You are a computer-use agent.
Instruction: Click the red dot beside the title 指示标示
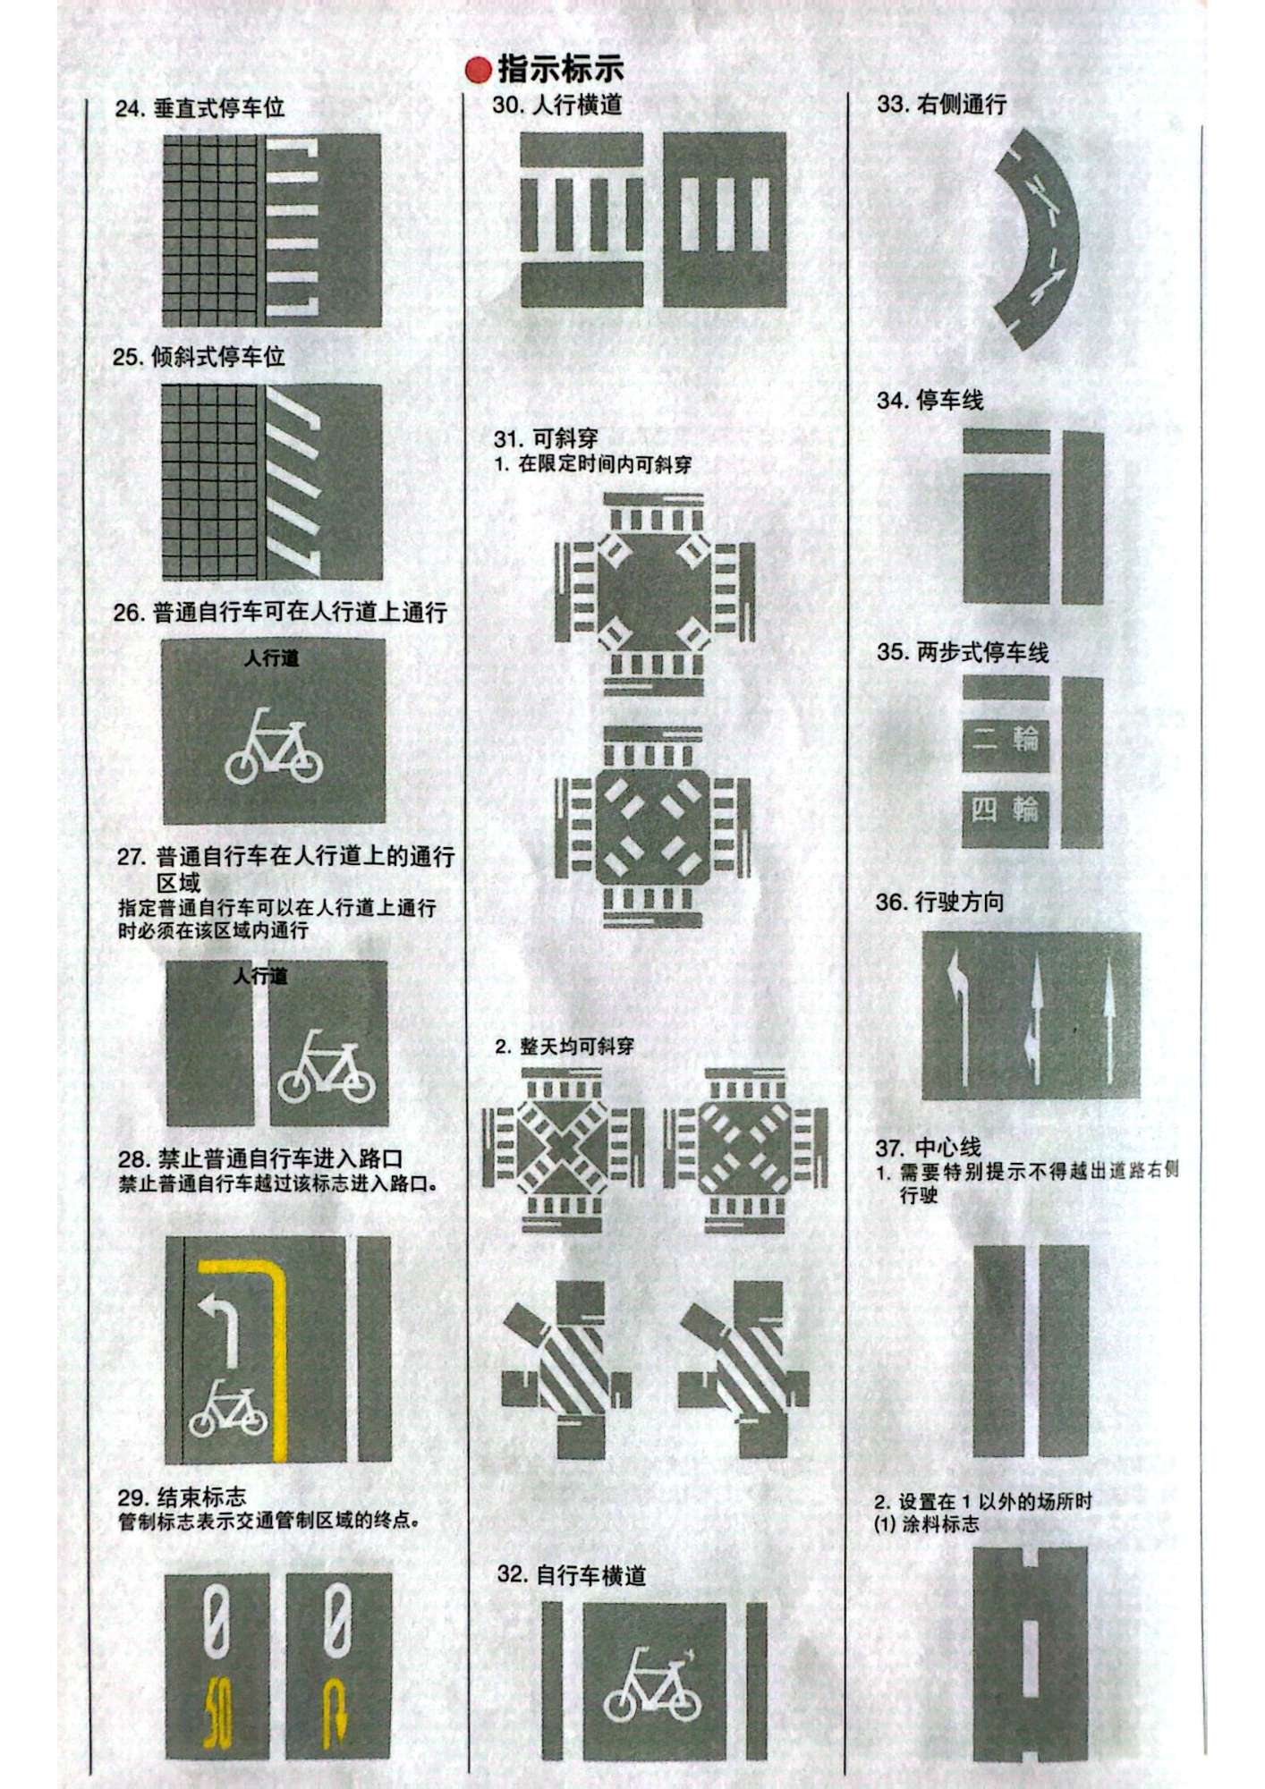(x=479, y=71)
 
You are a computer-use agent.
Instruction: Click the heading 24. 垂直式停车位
(x=200, y=108)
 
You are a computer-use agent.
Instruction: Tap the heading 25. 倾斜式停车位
(x=199, y=357)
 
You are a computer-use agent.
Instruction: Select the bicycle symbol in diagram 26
(x=274, y=745)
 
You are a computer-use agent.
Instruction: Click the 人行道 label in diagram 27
(x=260, y=975)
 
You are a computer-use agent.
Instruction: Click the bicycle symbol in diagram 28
(x=228, y=1408)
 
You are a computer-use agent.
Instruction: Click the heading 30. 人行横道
(x=556, y=105)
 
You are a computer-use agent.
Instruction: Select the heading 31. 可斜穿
(x=546, y=438)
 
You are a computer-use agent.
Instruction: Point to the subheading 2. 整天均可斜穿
(x=565, y=1046)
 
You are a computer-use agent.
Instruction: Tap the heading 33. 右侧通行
(x=942, y=104)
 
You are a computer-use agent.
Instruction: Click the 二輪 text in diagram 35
(x=1006, y=739)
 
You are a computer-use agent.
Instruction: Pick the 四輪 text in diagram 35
(x=1006, y=810)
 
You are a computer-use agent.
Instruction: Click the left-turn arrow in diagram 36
(x=957, y=1015)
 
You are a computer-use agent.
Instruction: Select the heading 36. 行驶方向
(x=939, y=902)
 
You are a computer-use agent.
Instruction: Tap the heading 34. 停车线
(x=930, y=400)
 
